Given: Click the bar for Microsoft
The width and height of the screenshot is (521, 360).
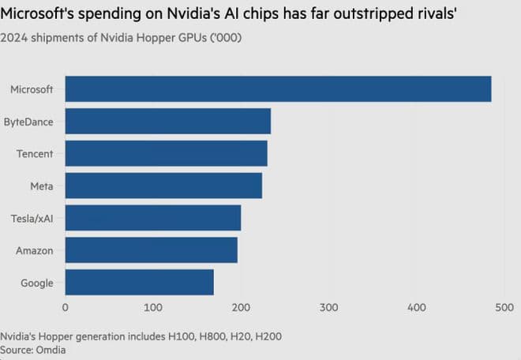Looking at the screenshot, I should coord(278,89).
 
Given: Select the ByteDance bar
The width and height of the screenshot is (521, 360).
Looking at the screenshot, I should coord(167,122).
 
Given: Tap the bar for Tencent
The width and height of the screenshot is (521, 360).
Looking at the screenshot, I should coord(166,153).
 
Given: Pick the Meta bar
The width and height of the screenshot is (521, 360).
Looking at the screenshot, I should coord(163,186).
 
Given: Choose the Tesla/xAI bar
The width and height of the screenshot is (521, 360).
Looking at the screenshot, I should coord(152,218).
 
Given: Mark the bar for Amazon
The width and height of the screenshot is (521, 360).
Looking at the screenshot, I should coord(151,249).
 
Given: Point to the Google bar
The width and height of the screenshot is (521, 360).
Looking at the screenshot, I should coord(139,282).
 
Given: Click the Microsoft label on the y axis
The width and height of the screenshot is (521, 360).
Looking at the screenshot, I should coord(32,89).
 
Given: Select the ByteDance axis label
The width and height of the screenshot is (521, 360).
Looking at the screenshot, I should coord(28,122).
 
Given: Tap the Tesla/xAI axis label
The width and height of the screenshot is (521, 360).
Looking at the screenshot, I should coord(32,218).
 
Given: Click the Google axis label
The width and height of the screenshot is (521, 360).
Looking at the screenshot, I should coord(36,282).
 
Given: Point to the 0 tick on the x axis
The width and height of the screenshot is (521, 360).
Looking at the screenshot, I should coord(66,307).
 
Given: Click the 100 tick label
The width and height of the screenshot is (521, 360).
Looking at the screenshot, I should coord(153,307).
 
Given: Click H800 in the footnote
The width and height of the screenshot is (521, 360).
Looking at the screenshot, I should coord(201,336).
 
